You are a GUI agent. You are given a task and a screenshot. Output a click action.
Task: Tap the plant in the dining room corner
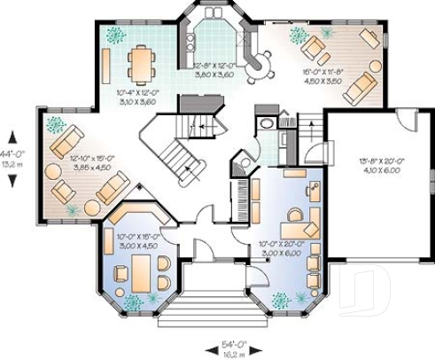click(x=114, y=35)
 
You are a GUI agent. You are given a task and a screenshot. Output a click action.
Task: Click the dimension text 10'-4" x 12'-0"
click(x=136, y=96)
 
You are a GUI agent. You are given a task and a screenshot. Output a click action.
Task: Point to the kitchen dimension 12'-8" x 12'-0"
click(x=214, y=70)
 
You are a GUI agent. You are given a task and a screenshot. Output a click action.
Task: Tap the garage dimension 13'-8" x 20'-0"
click(x=379, y=166)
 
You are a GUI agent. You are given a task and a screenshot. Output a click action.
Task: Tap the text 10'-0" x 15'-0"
click(x=138, y=241)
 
